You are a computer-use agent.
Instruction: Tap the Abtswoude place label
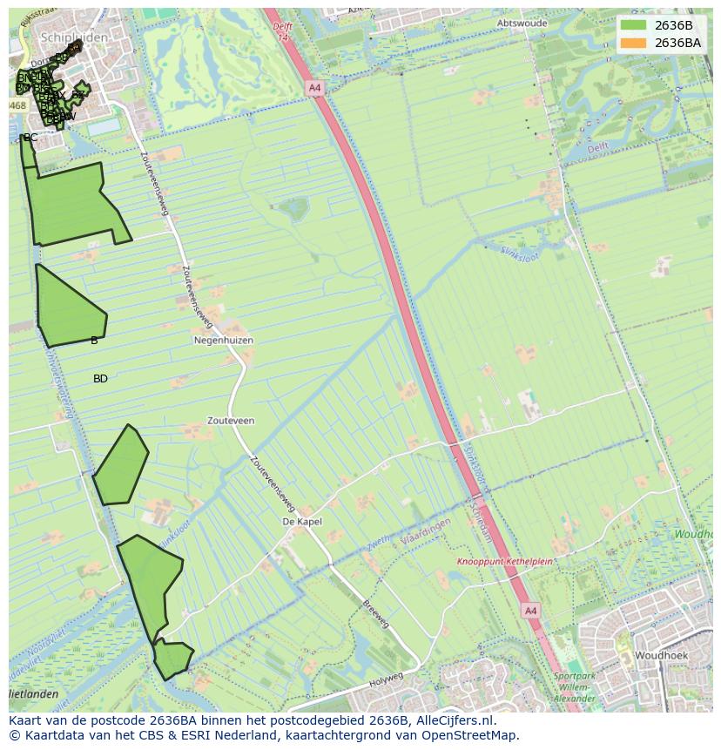click(522, 24)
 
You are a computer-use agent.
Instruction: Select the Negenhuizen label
click(223, 341)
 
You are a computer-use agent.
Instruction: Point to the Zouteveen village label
click(231, 421)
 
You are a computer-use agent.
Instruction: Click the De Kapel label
click(301, 522)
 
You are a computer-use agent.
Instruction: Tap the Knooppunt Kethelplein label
click(505, 562)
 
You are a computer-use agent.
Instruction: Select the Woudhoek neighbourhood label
click(661, 655)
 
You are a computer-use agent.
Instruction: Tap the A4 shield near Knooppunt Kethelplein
click(530, 611)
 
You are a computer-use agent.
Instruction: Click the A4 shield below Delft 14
click(314, 88)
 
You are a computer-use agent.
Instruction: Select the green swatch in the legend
click(634, 25)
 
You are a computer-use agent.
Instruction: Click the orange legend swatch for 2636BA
click(634, 43)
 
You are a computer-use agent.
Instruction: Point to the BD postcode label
click(100, 379)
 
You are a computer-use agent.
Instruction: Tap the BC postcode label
click(30, 138)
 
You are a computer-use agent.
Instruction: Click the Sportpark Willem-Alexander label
click(574, 687)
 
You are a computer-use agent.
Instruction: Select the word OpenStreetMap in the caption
click(471, 735)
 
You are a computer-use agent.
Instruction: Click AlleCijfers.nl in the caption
click(453, 720)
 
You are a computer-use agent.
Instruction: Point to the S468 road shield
click(17, 105)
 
